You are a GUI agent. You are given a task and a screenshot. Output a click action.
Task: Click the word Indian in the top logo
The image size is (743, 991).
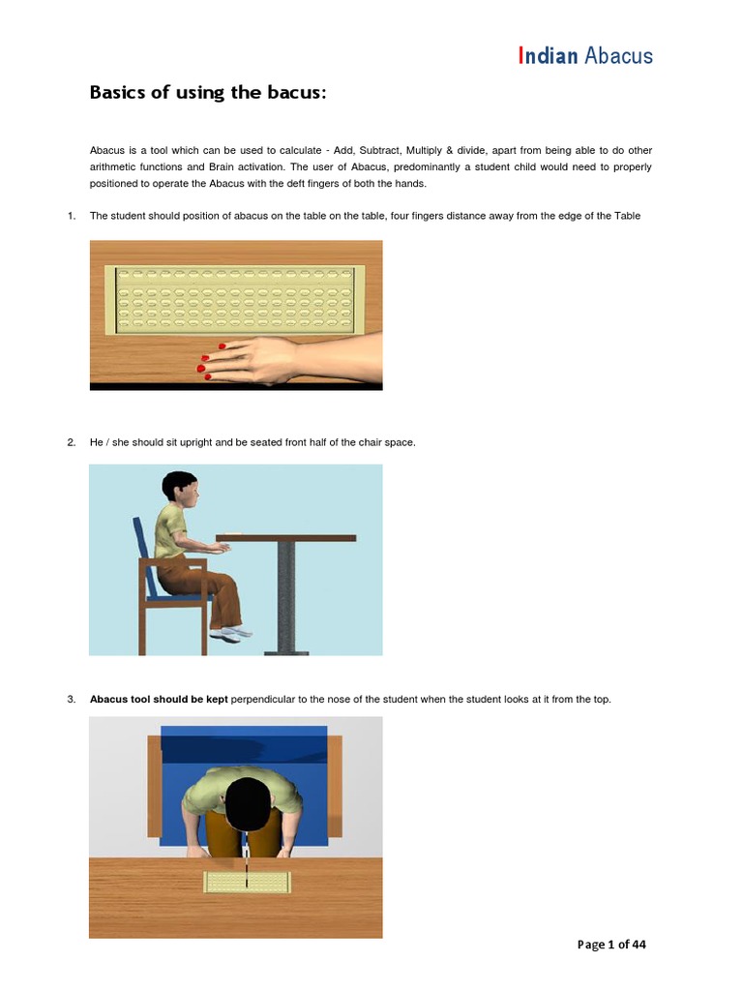click(548, 55)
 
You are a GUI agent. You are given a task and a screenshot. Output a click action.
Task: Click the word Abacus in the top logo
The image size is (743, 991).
click(618, 55)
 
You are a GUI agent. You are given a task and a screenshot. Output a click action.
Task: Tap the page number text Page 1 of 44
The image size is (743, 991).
click(611, 945)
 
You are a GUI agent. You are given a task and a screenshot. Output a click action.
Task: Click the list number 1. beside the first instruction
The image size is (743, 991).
click(72, 216)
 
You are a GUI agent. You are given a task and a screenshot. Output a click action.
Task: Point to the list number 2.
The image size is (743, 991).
click(72, 442)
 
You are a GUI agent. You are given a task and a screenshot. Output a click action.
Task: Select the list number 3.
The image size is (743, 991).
click(72, 699)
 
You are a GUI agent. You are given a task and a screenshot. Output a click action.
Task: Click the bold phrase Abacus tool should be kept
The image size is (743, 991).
click(159, 699)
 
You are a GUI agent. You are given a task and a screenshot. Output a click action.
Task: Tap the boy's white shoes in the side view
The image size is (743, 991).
click(228, 634)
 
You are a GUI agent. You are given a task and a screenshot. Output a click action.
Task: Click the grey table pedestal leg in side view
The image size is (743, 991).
click(286, 595)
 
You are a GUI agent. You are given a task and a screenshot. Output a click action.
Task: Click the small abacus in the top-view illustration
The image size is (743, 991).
click(247, 882)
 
